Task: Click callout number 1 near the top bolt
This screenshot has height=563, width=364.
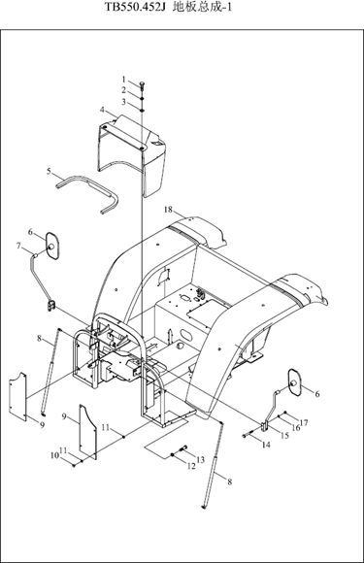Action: pos(124,79)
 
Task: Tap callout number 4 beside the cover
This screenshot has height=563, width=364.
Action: pos(103,110)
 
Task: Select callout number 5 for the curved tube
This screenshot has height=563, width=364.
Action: pos(49,171)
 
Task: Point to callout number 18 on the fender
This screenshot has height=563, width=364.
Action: pos(168,210)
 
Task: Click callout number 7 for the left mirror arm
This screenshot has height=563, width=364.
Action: pos(18,246)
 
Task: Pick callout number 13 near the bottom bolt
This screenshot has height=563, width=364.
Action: pos(200,459)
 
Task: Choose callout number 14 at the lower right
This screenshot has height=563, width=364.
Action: pos(266,445)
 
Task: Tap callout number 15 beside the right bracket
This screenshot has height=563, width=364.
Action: pos(284,436)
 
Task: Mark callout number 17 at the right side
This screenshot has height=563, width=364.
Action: pos(304,423)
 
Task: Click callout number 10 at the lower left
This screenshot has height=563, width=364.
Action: pos(54,455)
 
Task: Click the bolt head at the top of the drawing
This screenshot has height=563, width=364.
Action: pos(142,84)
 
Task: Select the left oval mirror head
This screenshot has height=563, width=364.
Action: pos(52,246)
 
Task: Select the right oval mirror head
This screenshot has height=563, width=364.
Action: pos(295,382)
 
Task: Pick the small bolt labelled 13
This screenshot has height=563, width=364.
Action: pos(182,448)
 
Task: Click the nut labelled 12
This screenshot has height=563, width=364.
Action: pos(173,455)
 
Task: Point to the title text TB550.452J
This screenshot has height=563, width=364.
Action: pos(135,7)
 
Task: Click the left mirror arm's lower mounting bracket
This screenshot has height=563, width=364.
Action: pos(51,306)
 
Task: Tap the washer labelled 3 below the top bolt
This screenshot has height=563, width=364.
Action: pos(142,111)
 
